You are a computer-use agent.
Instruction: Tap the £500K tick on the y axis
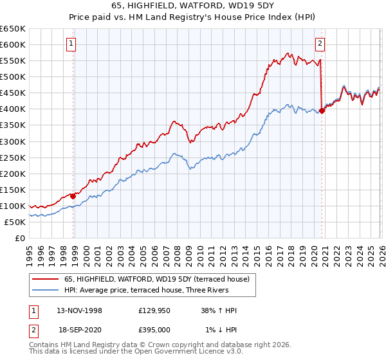[13, 77]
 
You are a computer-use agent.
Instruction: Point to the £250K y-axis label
[13, 157]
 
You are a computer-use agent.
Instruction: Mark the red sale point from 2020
[322, 110]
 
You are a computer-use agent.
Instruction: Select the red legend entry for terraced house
[151, 278]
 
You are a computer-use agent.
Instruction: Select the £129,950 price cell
[154, 310]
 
